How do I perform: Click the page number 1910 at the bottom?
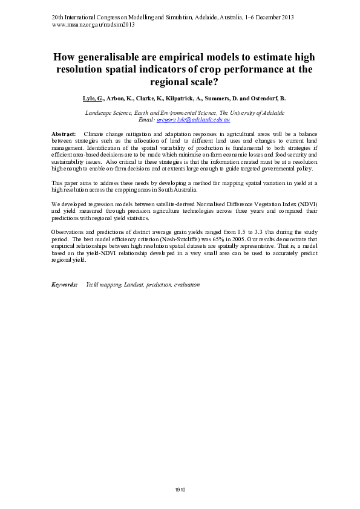coord(180,489)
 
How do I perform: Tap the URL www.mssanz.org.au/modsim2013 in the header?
coord(93,25)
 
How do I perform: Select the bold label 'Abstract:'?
coord(64,132)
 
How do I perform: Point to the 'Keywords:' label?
coord(65,284)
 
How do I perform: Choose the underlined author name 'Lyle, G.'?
coord(93,97)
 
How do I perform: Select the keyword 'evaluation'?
coord(186,284)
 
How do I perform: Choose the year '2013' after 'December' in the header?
coord(284,17)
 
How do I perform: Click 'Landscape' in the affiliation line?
coord(99,113)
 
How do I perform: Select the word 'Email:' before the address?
coord(147,120)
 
